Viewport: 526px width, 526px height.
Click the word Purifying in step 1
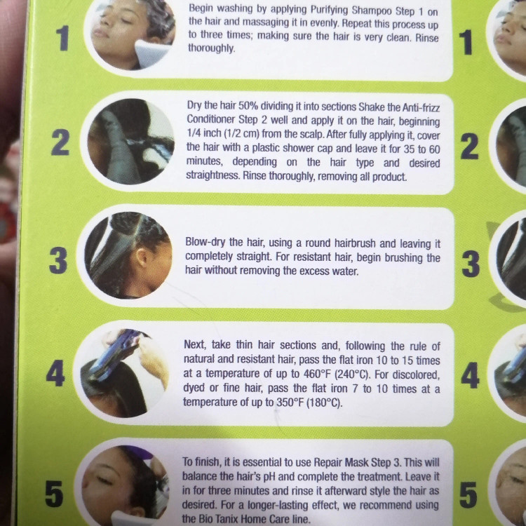click(330, 10)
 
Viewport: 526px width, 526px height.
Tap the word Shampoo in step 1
click(372, 11)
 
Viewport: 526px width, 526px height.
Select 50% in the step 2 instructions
click(248, 106)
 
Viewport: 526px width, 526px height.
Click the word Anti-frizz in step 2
click(421, 108)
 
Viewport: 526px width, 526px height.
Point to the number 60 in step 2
click(434, 149)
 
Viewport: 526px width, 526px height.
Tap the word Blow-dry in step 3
click(205, 242)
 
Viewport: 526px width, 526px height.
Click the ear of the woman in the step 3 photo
click(141, 257)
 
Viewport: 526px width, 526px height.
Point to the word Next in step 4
click(194, 345)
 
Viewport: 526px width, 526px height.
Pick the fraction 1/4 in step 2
click(194, 133)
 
